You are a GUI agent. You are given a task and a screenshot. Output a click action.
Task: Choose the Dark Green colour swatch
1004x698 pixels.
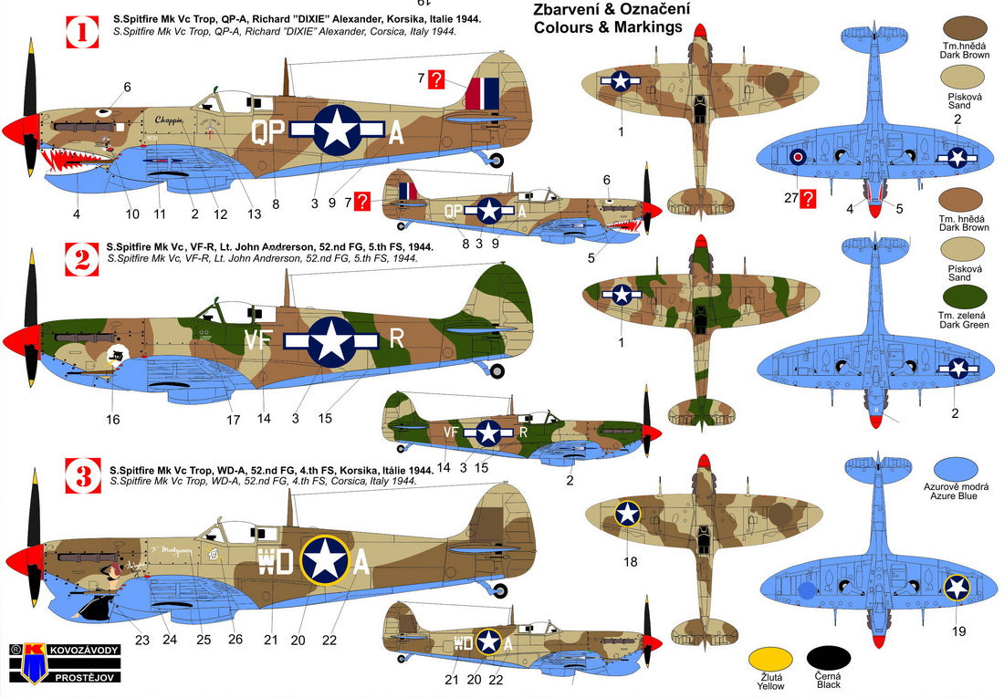957,297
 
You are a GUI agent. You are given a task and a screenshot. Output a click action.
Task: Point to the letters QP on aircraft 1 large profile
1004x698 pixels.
267,133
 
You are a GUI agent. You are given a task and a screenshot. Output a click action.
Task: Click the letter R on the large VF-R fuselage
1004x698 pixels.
396,339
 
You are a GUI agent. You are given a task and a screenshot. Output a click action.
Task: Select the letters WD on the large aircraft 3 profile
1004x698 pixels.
276,561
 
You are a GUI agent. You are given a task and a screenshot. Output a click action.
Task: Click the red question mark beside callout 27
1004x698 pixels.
808,197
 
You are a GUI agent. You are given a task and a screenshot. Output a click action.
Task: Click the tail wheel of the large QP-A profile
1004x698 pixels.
496,161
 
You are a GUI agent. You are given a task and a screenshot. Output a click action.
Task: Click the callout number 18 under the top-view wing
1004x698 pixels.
630,561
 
